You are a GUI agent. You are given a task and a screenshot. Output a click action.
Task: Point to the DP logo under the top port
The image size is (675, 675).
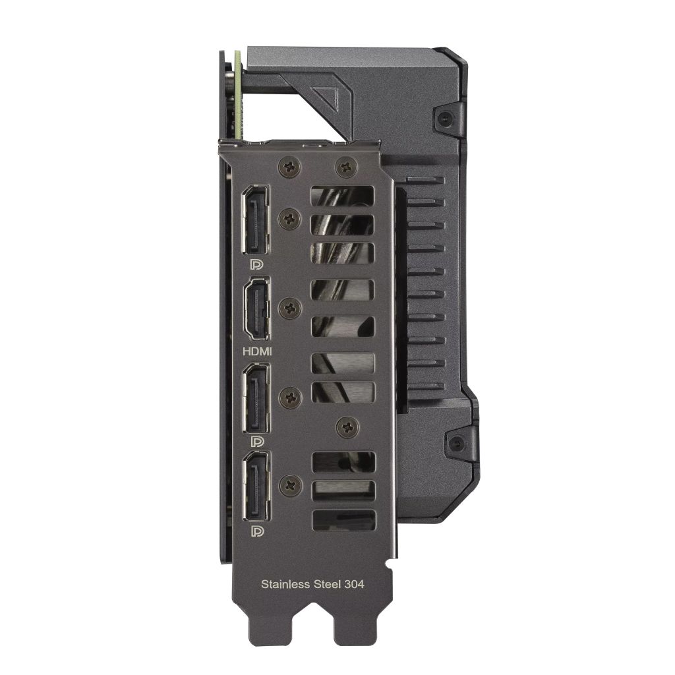(x=254, y=265)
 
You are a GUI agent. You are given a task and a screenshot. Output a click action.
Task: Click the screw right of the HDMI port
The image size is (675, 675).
(x=289, y=308)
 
